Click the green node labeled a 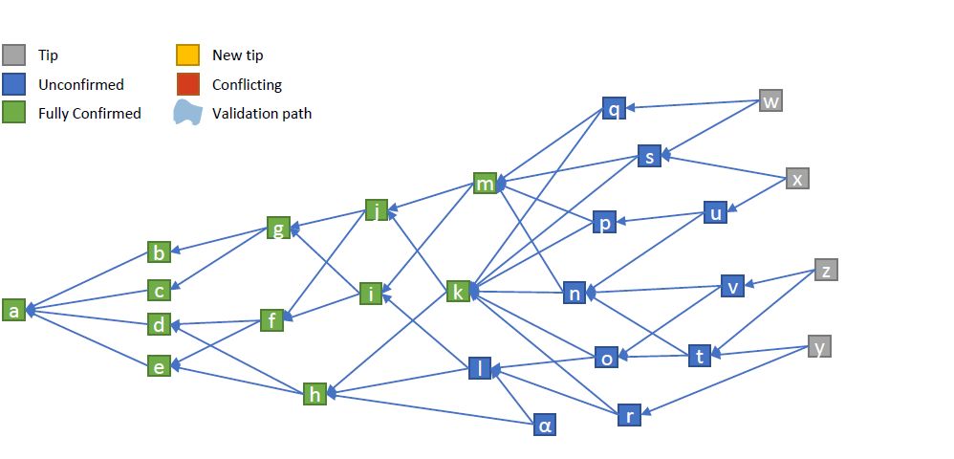tap(14, 311)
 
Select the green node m tap(485, 184)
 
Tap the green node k tap(458, 292)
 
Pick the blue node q tap(614, 108)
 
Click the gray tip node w tap(770, 100)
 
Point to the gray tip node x tap(797, 179)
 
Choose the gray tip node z tap(826, 270)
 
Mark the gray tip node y tap(819, 346)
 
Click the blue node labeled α tap(545, 425)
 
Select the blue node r tap(629, 415)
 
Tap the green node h tap(314, 394)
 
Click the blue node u tap(715, 212)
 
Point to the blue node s tap(649, 156)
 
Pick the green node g tap(278, 228)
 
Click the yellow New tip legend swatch tap(188, 55)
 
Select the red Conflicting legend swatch tap(188, 84)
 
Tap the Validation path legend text tap(262, 113)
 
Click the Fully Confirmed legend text tap(90, 113)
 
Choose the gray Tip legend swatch tap(14, 55)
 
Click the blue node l tap(480, 368)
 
